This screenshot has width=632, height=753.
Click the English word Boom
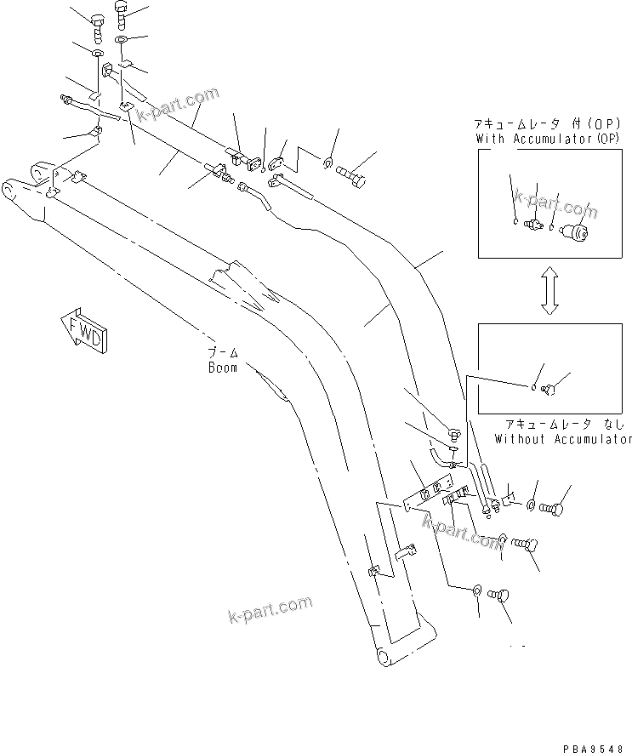point(223,368)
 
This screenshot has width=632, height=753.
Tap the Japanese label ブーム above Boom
point(224,353)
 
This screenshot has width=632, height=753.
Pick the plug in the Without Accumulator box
point(549,390)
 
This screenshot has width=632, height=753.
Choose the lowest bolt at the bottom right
point(501,595)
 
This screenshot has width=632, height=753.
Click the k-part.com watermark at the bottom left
point(270,608)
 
